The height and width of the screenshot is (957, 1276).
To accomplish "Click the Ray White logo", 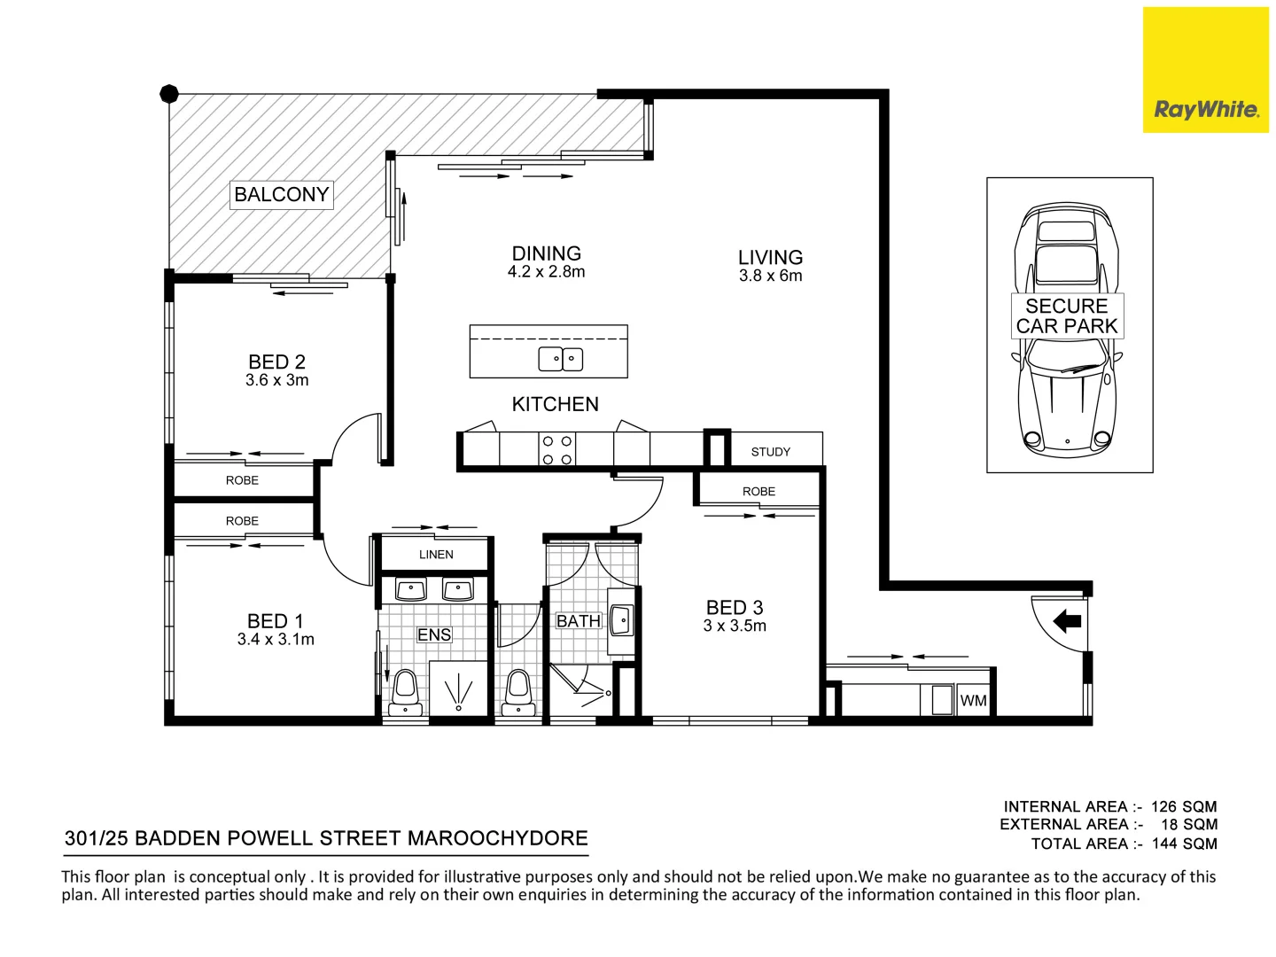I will pos(1205,109).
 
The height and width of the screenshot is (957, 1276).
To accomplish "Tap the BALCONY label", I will pos(281,194).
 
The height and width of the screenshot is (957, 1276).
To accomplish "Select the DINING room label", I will pos(546,253).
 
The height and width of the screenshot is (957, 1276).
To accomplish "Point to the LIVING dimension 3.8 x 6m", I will pos(770,276).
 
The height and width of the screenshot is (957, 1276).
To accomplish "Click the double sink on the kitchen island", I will pos(560,359).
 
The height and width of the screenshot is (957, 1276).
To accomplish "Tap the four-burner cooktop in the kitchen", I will pos(557,449).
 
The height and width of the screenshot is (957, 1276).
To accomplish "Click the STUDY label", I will pos(770,452).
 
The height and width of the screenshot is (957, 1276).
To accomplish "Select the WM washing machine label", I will pos(973,701).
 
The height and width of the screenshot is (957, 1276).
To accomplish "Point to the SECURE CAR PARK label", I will pos(1067,316).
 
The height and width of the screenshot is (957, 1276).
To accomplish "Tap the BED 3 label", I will pos(734,608).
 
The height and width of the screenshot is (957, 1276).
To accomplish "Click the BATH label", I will pos(578,621).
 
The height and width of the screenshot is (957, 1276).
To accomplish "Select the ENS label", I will pos(434,634).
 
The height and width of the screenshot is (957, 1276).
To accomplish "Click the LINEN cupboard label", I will pos(435,555).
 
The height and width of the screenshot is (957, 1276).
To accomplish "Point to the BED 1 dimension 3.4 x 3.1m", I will pos(276,640).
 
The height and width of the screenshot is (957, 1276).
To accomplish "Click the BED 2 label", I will pos(276,362).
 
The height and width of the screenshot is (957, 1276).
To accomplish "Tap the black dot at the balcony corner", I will pos(169,94).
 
